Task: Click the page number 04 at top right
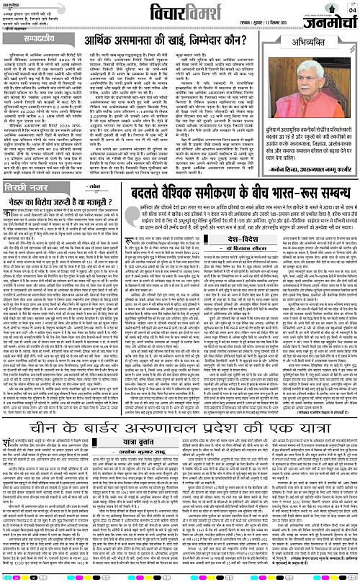(351, 9)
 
